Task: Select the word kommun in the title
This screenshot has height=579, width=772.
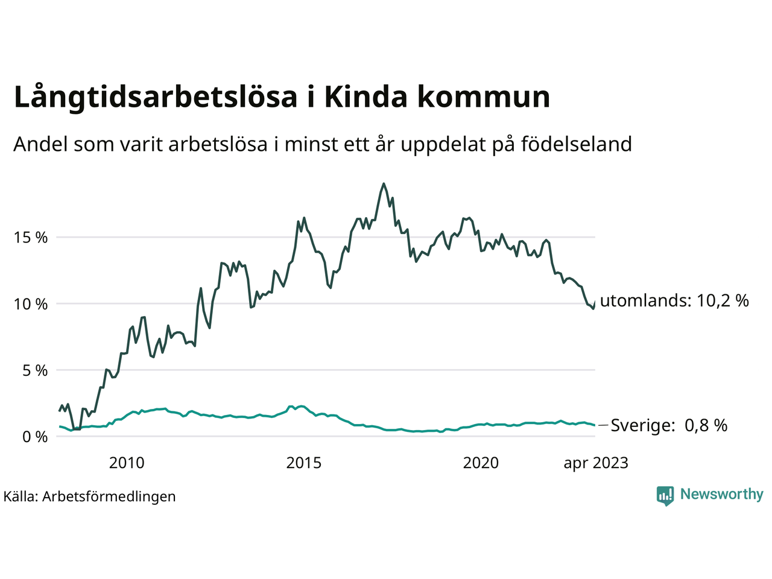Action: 484,98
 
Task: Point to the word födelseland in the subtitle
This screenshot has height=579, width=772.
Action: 576,145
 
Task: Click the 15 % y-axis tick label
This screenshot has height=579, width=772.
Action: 31,238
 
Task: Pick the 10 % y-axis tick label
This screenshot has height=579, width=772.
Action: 31,304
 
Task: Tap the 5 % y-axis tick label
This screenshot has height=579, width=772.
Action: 35,370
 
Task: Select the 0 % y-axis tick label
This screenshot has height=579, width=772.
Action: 35,437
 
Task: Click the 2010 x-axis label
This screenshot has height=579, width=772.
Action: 127,463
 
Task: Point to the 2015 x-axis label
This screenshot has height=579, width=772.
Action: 304,463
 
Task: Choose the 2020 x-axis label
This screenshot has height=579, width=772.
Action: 481,463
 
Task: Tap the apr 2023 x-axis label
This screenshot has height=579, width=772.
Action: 596,463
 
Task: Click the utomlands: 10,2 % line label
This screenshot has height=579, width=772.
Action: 674,300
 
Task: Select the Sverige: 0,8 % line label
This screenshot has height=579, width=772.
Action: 669,426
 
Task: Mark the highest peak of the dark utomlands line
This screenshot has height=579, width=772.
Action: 384,184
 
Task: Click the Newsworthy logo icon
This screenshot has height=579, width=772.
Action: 665,496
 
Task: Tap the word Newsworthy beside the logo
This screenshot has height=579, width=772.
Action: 721,495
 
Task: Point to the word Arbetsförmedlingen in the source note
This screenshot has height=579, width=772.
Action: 109,497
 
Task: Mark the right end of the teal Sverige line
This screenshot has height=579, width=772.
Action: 595,425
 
